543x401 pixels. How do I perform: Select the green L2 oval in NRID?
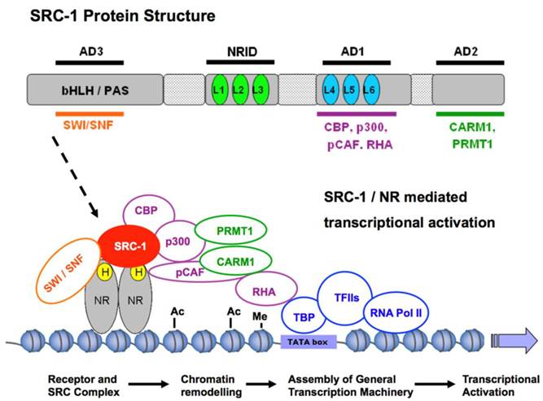239,87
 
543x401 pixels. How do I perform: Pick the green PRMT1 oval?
227,230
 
